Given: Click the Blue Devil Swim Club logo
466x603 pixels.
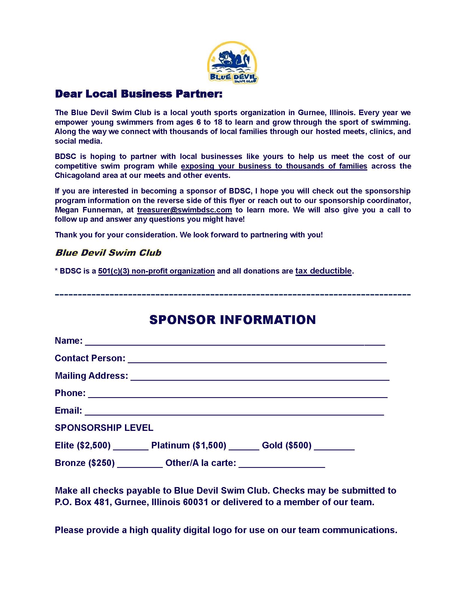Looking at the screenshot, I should pos(232,62).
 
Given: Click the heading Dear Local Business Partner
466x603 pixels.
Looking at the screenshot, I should pos(139,94).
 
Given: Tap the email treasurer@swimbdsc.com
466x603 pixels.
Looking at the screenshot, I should pos(184,210).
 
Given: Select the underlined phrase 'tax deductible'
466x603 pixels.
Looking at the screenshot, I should pos(323,271).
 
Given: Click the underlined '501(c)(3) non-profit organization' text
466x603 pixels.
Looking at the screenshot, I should pos(157,271).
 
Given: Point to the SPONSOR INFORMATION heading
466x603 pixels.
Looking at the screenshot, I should pos(232,320).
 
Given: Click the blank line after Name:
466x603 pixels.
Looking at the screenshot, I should pos(235,342).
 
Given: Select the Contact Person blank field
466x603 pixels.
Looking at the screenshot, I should pos(257,360).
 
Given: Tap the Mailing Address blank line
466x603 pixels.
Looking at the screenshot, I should pos(260,377).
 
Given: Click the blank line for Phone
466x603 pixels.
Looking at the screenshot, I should pos(237,394).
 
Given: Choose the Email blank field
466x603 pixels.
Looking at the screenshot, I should pos(234,412).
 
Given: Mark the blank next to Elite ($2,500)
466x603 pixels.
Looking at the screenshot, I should pos(130,447).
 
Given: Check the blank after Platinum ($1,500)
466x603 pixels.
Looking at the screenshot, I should pos(244,447).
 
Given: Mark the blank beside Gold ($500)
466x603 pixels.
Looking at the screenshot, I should pos(334,447).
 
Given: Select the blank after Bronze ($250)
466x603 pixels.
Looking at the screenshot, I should pos(140,464).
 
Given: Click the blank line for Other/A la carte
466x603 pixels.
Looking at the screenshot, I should pos(282,464).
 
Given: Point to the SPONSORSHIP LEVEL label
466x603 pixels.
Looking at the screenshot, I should pos(104,428).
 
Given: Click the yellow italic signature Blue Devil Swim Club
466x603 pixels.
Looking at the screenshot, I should pos(108,253).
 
